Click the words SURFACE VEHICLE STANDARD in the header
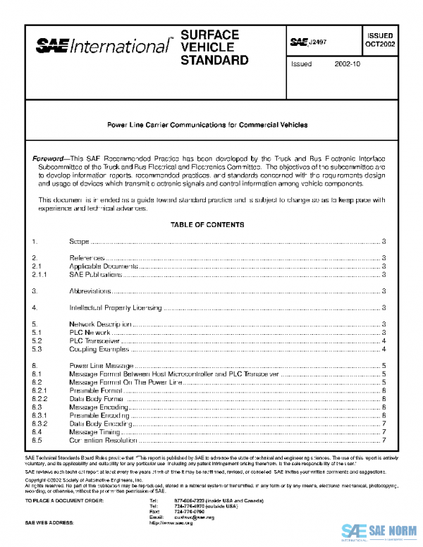pos(214,47)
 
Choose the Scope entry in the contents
pos(79,241)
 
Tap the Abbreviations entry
pos(90,290)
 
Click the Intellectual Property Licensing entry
pos(116,307)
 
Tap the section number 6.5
pos(38,441)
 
